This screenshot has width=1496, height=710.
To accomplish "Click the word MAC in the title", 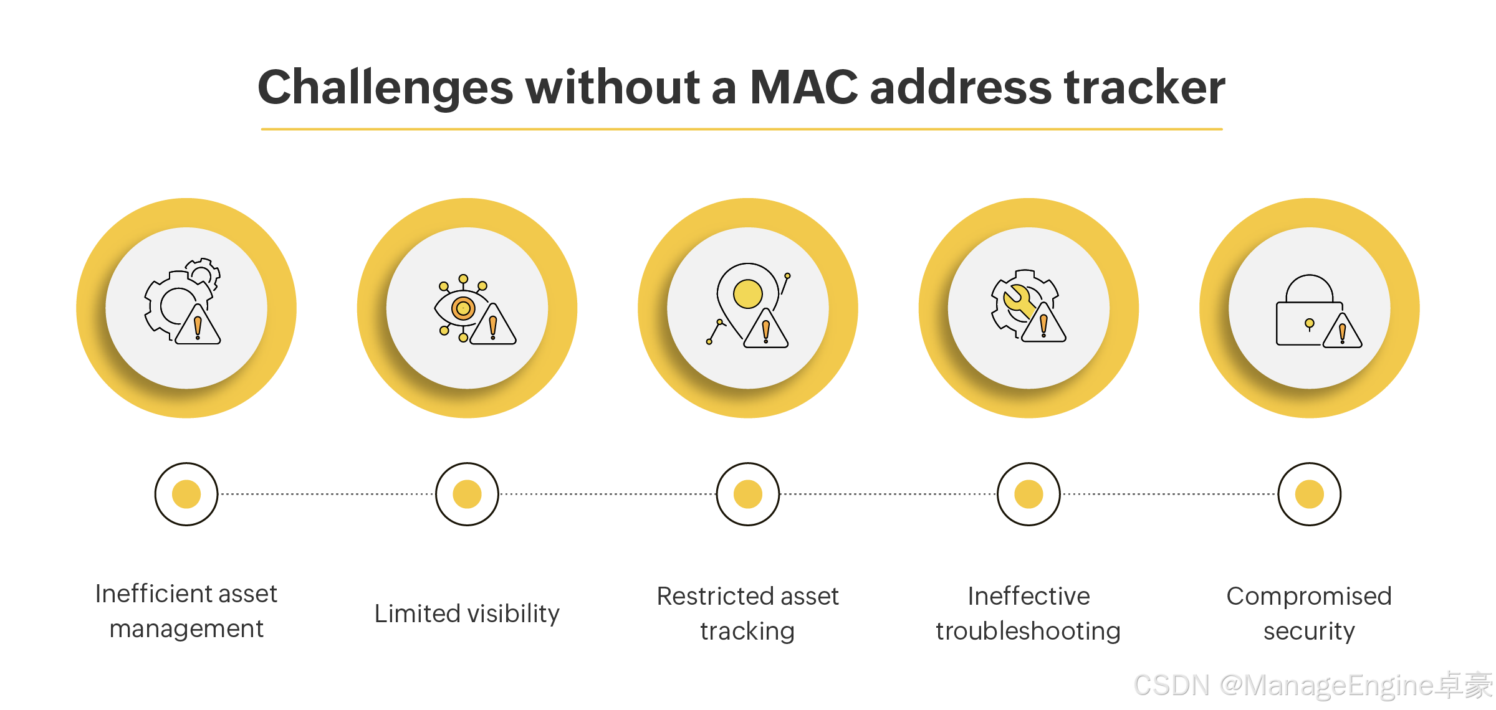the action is [x=803, y=87].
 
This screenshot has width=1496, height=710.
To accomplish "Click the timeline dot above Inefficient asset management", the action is [x=186, y=494].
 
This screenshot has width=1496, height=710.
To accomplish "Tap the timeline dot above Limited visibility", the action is [x=467, y=494].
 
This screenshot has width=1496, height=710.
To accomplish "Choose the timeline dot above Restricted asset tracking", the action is [x=748, y=494].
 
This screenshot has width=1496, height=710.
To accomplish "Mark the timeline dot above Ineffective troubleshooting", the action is [x=1028, y=494].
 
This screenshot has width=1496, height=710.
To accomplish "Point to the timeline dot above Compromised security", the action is [x=1309, y=494].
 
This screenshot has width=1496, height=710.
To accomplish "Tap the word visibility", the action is [x=514, y=614].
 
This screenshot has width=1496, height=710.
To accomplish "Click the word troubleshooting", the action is [x=1028, y=631].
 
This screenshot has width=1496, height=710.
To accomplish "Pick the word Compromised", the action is [x=1309, y=596].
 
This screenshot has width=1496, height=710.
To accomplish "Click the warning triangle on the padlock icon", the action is [x=1342, y=332].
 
